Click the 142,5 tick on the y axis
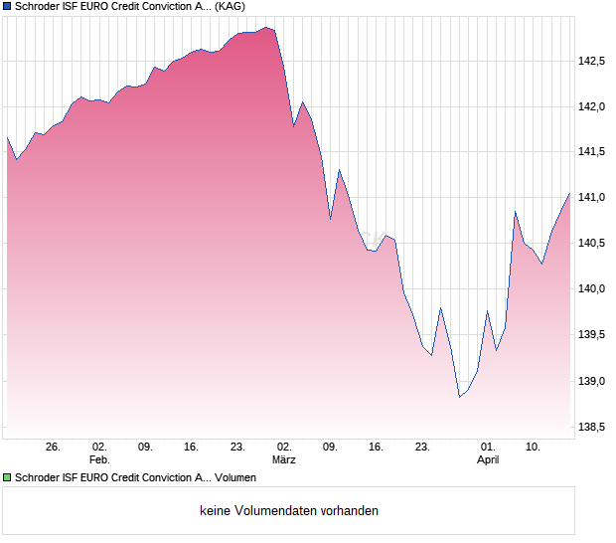coord(593,61)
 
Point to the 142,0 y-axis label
coord(593,106)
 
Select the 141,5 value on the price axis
coord(593,152)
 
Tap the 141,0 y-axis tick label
coord(593,198)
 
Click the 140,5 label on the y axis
coord(593,244)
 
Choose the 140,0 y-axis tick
coord(593,289)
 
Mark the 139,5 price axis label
coord(593,335)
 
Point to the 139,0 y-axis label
coord(593,381)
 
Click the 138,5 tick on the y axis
coord(593,427)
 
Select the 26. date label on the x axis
coord(53,448)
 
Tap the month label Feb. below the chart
coord(98,460)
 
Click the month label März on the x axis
coord(284,460)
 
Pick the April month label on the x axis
coord(488,460)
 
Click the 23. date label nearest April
coord(422,448)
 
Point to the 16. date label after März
coord(376,448)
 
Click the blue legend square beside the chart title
coord(7,7)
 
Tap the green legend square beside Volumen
coord(7,478)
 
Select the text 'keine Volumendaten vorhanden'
coord(288,511)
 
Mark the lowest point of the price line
coord(459,397)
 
